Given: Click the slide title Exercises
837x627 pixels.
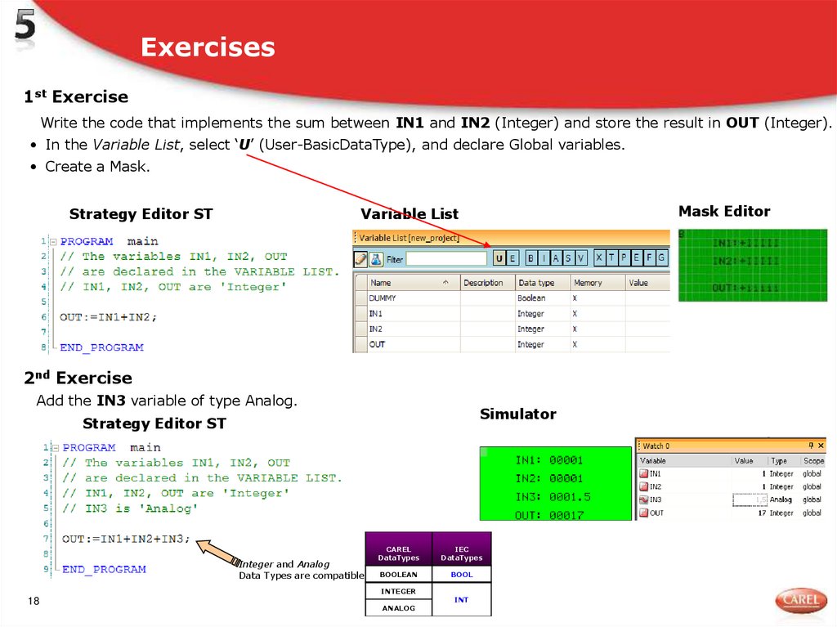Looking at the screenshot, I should [x=208, y=47].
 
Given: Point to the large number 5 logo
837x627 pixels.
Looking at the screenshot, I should [x=25, y=30].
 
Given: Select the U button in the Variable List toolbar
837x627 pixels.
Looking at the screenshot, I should [x=499, y=258].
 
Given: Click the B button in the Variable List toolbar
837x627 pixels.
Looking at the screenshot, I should [x=531, y=258].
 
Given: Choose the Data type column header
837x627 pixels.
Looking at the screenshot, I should [x=536, y=283].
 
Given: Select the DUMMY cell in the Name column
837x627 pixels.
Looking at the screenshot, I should [x=383, y=298].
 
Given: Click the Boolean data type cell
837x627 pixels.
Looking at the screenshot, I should [x=531, y=298].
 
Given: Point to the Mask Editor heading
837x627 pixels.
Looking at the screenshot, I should [x=724, y=212].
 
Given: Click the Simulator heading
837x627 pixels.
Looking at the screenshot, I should [x=517, y=414].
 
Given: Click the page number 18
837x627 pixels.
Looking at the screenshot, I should [x=34, y=602].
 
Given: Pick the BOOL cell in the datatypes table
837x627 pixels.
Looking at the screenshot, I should [x=461, y=575].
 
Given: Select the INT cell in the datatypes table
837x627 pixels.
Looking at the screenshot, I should [x=461, y=599].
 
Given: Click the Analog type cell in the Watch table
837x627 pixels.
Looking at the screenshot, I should [x=781, y=499].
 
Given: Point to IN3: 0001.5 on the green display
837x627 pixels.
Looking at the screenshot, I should [x=553, y=497].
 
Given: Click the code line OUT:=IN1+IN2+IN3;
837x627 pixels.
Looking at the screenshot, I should [x=126, y=540].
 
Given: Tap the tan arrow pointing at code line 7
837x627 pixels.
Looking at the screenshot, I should [x=217, y=553].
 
